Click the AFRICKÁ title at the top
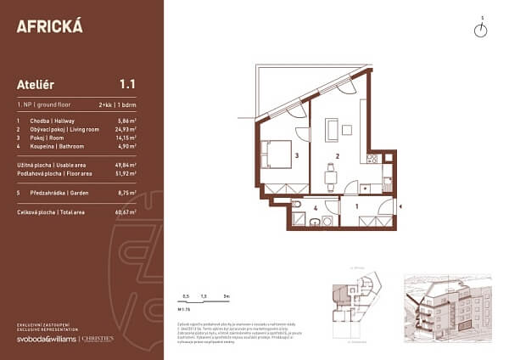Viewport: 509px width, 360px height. [x=50, y=25]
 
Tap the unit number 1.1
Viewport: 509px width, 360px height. [x=128, y=84]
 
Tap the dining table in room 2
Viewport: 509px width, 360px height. [x=333, y=178]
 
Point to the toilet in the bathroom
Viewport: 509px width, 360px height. [x=297, y=205]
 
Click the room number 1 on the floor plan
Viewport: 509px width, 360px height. [x=356, y=206]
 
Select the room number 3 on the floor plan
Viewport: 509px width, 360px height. [x=296, y=156]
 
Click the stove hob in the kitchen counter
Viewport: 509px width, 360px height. [x=372, y=158]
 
